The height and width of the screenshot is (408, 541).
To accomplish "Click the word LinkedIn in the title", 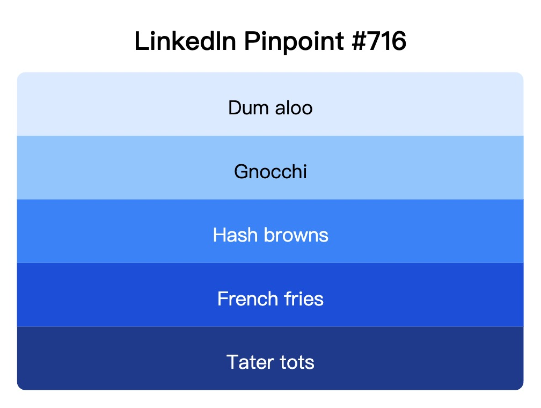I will click(185, 42).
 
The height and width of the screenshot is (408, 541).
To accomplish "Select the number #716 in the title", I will click(381, 42).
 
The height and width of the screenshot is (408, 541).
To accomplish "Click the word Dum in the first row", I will click(247, 108).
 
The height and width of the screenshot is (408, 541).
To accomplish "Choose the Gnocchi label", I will click(270, 172).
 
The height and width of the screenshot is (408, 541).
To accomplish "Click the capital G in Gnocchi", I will click(241, 172).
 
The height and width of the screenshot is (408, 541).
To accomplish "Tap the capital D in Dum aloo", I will click(235, 108).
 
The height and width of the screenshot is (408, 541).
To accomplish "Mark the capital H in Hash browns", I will click(220, 235).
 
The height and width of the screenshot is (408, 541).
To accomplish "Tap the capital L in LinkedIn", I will click(140, 42).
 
